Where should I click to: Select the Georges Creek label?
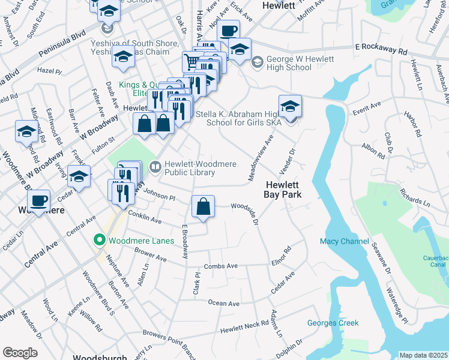[333, 323]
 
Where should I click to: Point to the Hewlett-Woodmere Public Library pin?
[154, 166]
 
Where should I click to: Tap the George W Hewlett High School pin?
[257, 61]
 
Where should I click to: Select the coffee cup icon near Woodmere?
[40, 201]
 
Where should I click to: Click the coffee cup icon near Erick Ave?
[228, 31]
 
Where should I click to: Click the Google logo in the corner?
[20, 353]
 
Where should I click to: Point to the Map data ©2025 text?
[423, 355]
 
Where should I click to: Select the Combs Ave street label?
[221, 265]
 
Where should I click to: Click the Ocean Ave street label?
[224, 304]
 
